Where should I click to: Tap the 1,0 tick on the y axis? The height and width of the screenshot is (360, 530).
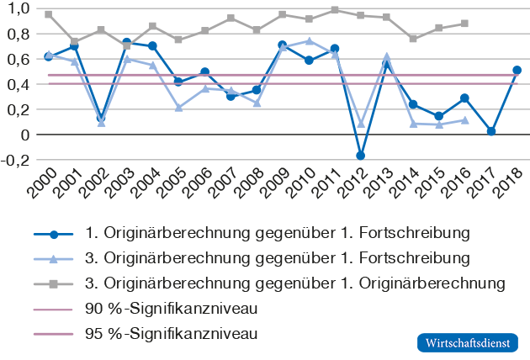(x=18, y=8)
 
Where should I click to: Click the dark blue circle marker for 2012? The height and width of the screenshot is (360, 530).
(x=361, y=156)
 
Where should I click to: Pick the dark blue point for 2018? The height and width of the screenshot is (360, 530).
(x=517, y=71)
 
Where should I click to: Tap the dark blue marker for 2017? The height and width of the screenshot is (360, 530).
(x=490, y=131)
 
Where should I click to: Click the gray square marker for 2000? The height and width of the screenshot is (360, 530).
(x=49, y=14)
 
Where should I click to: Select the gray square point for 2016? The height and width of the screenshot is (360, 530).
(x=464, y=24)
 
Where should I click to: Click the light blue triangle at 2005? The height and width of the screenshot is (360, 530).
(x=179, y=108)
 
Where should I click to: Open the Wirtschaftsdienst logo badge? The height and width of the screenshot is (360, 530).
(x=468, y=343)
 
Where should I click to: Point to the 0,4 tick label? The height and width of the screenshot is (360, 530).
(x=18, y=84)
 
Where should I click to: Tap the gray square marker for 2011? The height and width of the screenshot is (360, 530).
(x=335, y=10)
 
